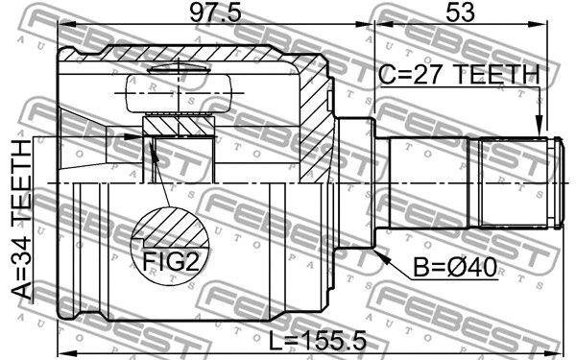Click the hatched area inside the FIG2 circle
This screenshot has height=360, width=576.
pyautogui.click(x=173, y=230)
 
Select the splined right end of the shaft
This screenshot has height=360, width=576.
pyautogui.click(x=514, y=182)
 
